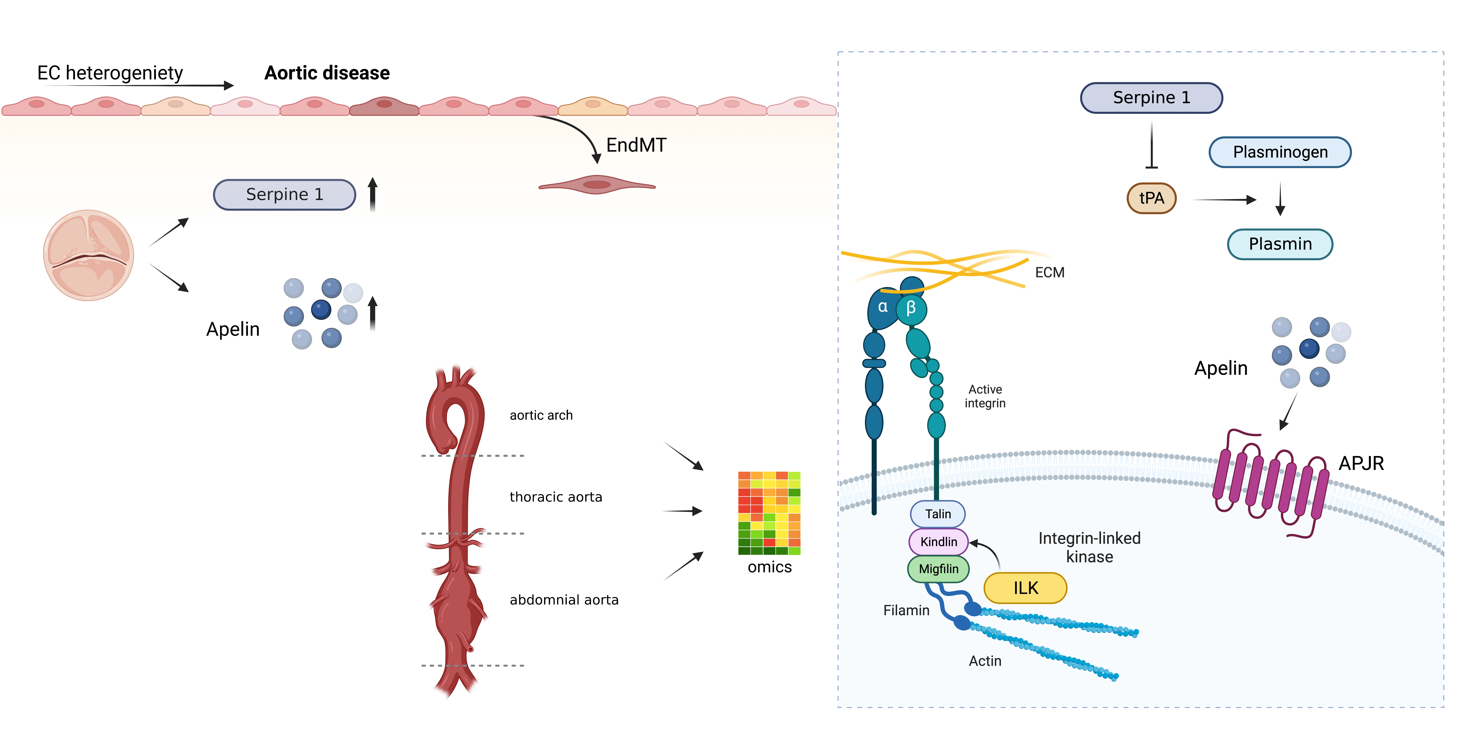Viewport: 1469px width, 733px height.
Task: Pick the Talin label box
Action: point(938,514)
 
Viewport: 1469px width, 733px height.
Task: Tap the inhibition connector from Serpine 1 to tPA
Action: point(1151,145)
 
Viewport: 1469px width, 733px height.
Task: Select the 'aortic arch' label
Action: point(541,415)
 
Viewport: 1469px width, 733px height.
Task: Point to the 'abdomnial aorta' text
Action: point(563,600)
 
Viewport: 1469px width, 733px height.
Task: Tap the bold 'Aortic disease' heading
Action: point(327,73)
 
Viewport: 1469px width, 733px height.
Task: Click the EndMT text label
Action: point(636,145)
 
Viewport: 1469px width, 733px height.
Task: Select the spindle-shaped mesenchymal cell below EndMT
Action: point(596,185)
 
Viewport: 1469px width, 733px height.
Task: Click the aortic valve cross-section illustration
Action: point(88,255)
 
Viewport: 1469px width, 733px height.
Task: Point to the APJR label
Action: point(1361,463)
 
